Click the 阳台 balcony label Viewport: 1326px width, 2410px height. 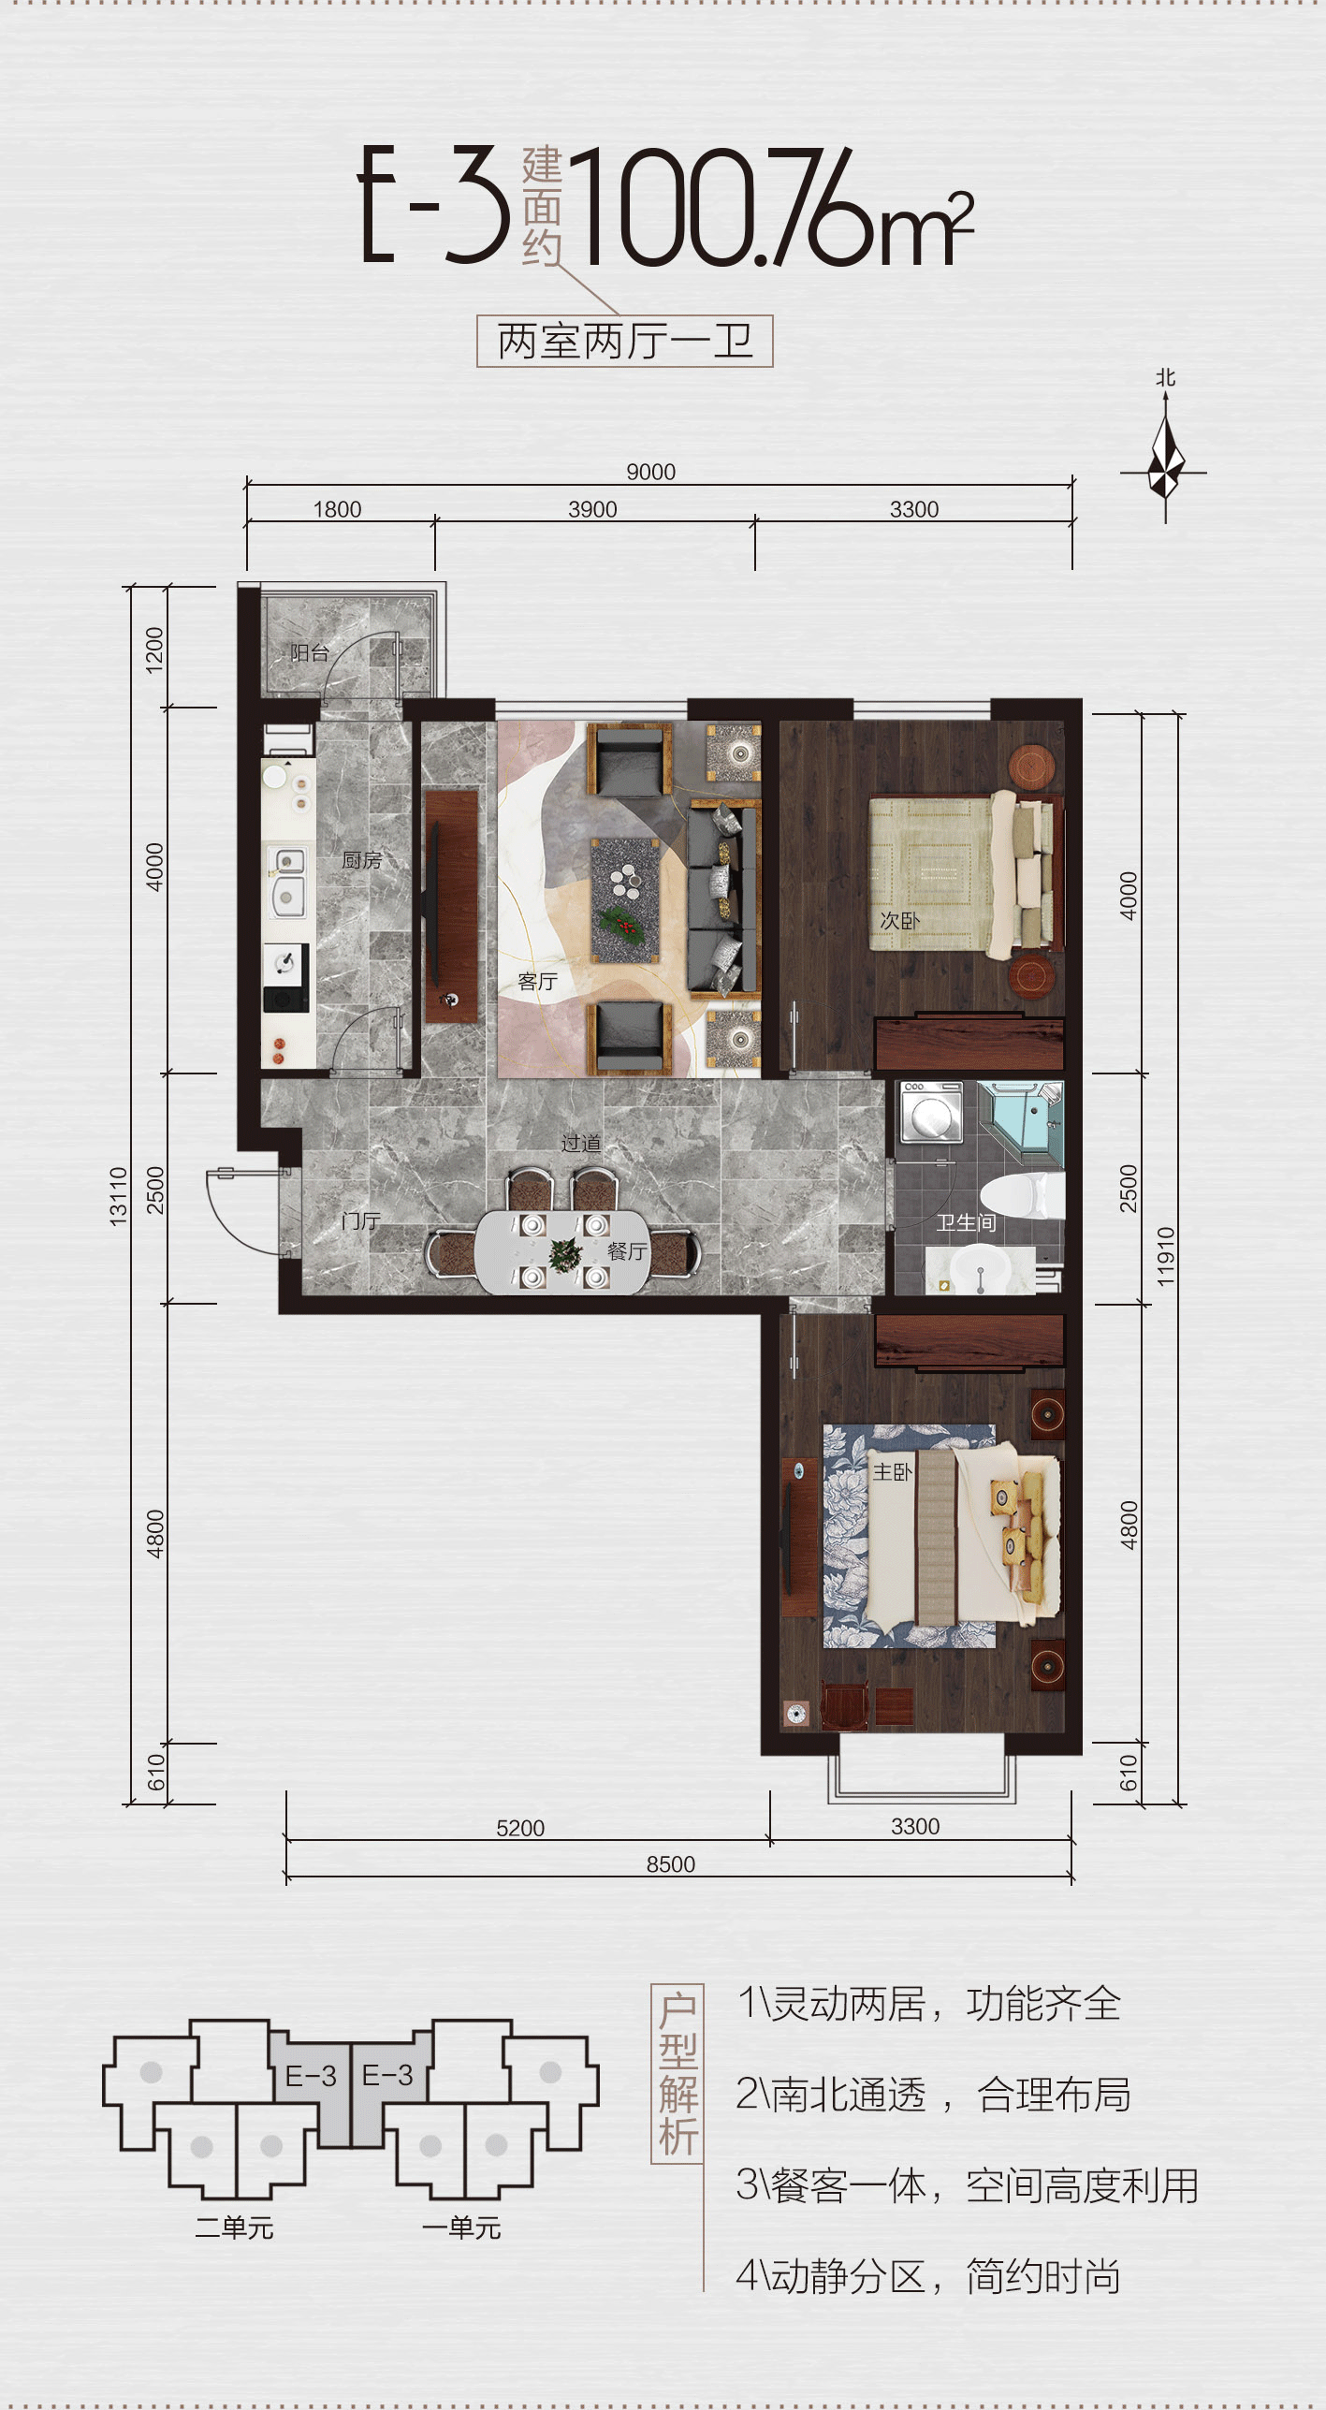click(309, 652)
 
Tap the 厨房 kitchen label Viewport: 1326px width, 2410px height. click(361, 859)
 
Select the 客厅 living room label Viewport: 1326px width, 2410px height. click(537, 981)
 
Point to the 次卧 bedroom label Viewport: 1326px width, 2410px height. click(899, 920)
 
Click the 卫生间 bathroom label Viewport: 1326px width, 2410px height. click(966, 1222)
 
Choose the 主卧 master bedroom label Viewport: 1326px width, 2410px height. click(892, 1472)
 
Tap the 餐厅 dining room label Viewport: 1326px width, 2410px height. click(626, 1251)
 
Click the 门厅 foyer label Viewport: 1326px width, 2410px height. click(360, 1220)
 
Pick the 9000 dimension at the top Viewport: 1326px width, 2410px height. click(650, 472)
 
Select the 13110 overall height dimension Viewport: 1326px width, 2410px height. click(118, 1195)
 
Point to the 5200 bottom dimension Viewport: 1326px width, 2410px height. click(520, 1828)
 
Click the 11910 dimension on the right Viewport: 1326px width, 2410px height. click(1165, 1257)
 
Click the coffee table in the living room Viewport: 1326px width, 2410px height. click(625, 899)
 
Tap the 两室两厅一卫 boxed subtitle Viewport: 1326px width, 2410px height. click(625, 342)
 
